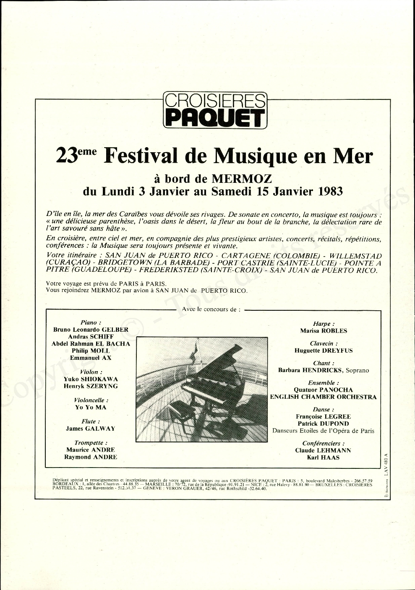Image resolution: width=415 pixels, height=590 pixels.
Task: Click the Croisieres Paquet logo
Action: (215, 110)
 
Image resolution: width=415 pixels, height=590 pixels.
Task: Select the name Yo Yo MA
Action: (91, 407)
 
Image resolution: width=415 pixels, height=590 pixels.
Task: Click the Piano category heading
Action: (91, 322)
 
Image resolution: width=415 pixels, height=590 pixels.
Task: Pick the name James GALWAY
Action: (90, 429)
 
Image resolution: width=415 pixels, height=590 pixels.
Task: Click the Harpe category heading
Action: (324, 324)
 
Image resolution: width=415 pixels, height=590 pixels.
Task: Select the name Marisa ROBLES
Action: (324, 331)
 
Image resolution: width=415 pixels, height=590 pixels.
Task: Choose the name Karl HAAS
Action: (323, 457)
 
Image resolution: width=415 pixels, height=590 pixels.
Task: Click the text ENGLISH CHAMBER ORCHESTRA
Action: (323, 397)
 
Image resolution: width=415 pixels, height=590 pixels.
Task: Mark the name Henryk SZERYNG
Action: (91, 386)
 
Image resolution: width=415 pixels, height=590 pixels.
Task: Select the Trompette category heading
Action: (91, 443)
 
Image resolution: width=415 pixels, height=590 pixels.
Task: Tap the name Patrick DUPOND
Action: (323, 424)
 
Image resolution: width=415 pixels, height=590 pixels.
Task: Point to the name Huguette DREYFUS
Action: (323, 351)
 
